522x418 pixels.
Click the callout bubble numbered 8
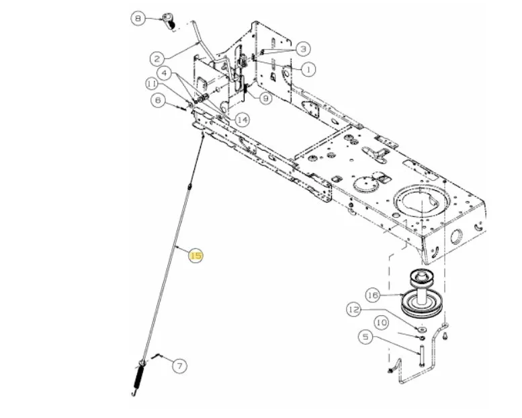[138, 18]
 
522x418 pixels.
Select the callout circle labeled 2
[157, 59]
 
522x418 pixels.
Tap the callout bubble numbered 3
[303, 49]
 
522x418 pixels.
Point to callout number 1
[308, 69]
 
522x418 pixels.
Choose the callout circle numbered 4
[165, 73]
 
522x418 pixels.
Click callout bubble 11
[152, 84]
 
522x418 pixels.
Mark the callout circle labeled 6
[158, 100]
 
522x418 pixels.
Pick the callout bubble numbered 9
[265, 98]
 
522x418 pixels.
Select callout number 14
[242, 120]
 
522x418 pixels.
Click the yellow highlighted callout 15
[195, 255]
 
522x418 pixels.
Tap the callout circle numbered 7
[180, 366]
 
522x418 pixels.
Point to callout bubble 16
[373, 295]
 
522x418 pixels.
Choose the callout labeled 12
[354, 310]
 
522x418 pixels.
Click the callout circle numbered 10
[382, 323]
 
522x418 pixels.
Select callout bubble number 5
[365, 337]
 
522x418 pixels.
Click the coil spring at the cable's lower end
[138, 378]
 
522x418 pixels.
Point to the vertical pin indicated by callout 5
[421, 356]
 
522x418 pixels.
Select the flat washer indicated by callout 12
[421, 330]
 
